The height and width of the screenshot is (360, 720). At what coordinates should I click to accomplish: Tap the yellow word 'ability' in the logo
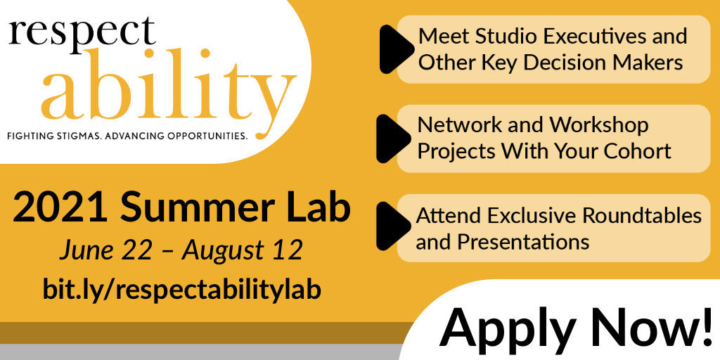[x=168, y=90]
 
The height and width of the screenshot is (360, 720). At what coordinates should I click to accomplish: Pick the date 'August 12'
[x=243, y=251]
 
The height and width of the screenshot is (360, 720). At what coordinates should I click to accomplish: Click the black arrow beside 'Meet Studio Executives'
[x=397, y=49]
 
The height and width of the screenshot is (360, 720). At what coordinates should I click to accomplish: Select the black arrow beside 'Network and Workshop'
[x=394, y=139]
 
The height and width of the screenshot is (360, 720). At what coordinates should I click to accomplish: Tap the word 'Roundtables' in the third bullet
[x=643, y=215]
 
